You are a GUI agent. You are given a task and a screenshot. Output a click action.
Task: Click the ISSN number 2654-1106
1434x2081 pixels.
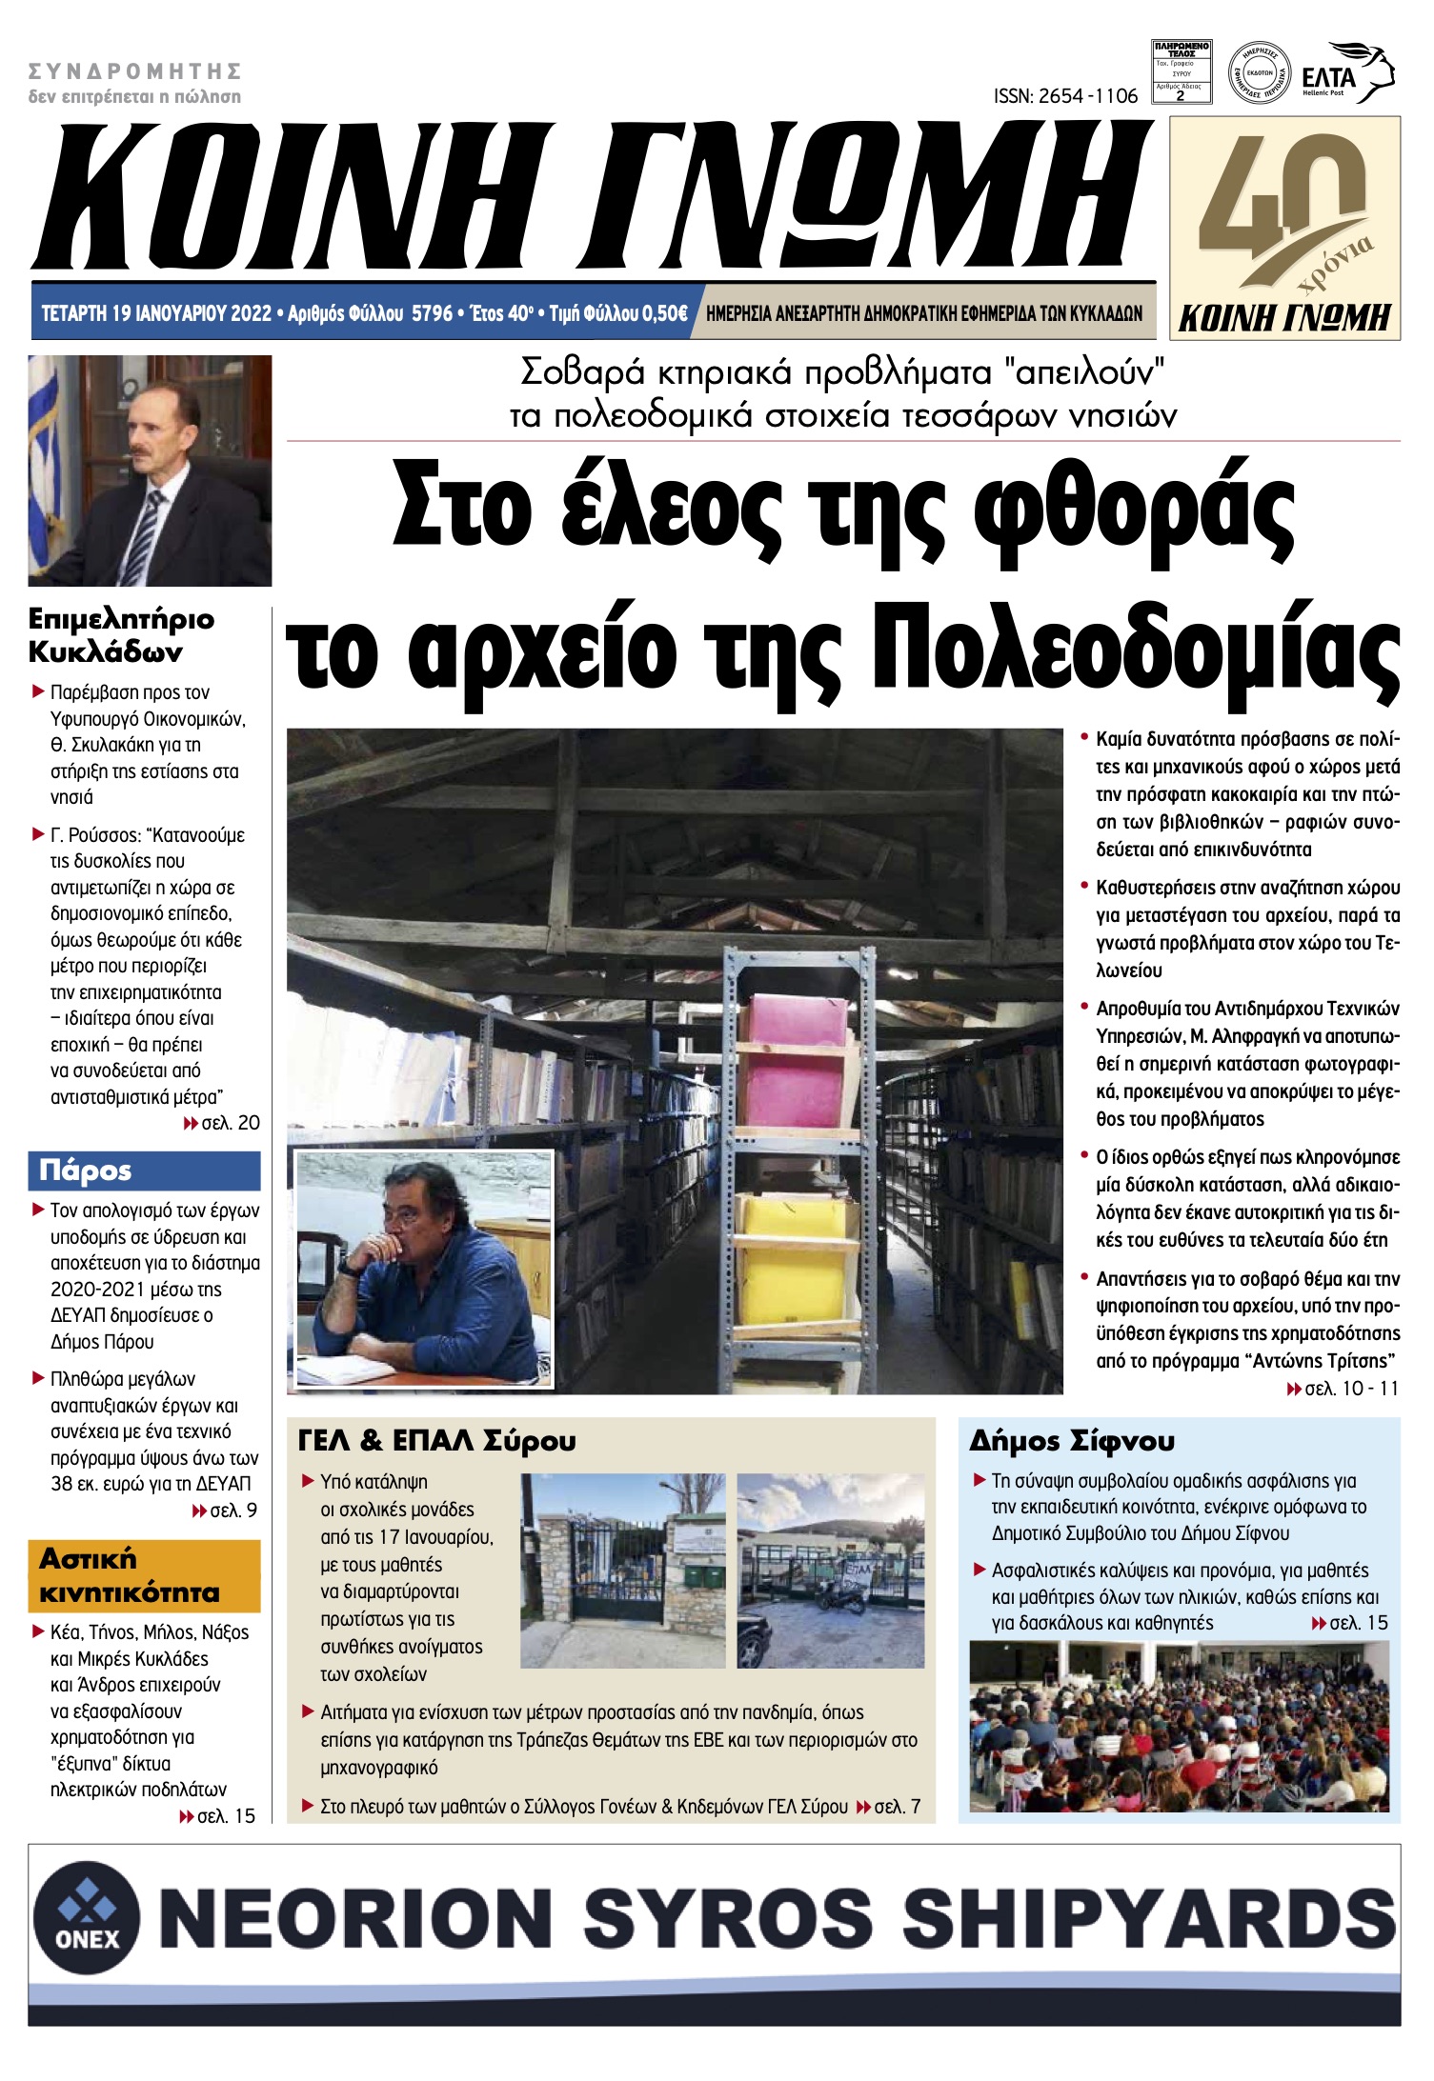(x=1064, y=96)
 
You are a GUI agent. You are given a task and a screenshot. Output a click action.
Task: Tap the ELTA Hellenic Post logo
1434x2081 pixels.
(x=1347, y=74)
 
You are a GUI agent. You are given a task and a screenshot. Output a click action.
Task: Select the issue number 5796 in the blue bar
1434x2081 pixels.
(x=431, y=313)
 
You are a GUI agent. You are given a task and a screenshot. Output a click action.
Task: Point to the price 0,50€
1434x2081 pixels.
(x=664, y=313)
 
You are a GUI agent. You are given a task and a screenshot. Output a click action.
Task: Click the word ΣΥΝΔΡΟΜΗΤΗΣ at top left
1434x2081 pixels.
(x=134, y=70)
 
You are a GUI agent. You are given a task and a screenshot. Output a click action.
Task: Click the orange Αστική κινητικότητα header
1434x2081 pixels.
(x=144, y=1575)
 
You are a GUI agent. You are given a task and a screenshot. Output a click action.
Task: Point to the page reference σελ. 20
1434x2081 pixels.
(x=230, y=1123)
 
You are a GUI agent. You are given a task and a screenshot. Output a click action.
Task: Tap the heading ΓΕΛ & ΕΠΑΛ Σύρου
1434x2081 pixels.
(x=437, y=1441)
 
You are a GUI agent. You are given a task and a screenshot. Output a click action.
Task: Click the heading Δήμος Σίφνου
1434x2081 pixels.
(x=1072, y=1441)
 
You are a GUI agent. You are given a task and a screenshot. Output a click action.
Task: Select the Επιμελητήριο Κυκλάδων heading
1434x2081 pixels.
(x=121, y=635)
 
